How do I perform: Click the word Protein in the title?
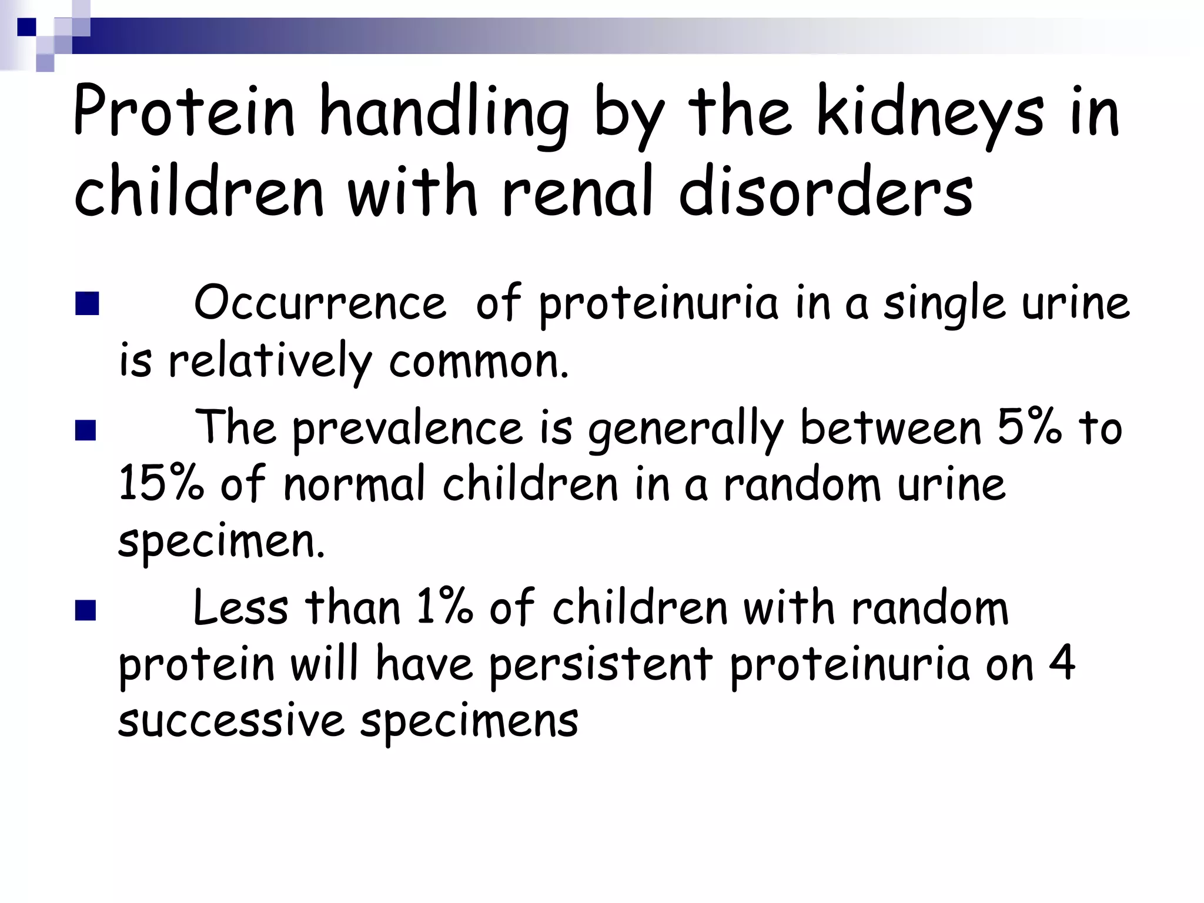(183, 112)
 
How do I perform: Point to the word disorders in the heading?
(825, 191)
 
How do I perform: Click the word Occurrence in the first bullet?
(320, 303)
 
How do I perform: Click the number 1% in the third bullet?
(444, 607)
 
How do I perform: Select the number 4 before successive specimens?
(1062, 663)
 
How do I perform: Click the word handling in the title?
(444, 112)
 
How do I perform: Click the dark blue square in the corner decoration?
(26, 27)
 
